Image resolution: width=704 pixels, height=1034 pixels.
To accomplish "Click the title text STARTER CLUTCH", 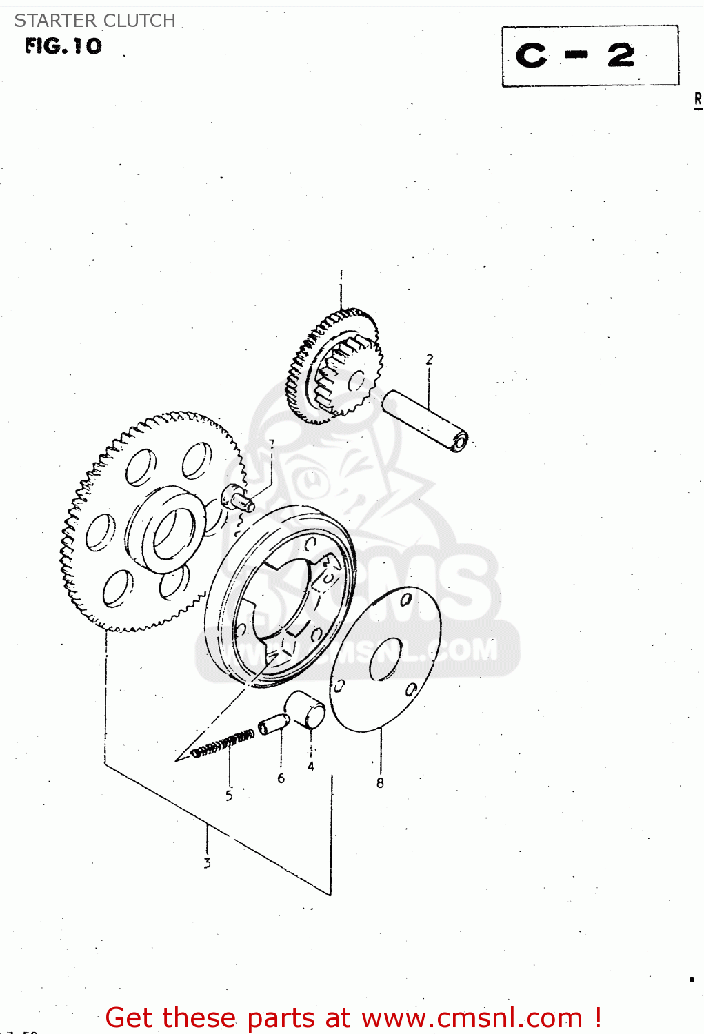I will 94,21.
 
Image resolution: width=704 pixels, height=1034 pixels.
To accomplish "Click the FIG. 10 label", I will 63,46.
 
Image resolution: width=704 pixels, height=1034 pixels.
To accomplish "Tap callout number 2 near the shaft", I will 430,359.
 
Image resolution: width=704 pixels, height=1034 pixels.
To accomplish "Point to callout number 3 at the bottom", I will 207,862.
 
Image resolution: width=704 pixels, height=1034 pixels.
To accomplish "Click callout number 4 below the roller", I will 311,766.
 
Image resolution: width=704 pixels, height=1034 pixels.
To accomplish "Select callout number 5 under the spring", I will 229,795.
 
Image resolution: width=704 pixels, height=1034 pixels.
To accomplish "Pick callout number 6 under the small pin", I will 281,778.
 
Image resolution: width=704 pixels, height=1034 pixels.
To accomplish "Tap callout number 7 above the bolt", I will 271,443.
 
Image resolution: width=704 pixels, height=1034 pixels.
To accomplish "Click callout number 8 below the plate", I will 380,782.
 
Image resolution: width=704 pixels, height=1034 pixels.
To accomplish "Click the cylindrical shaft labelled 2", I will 425,420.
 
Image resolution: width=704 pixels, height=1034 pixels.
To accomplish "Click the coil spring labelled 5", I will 222,744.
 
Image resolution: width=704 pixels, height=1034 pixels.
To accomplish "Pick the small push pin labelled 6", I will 273,724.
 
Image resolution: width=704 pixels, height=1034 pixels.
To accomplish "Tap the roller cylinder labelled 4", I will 307,709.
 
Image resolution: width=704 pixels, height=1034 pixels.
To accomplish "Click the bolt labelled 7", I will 237,498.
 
